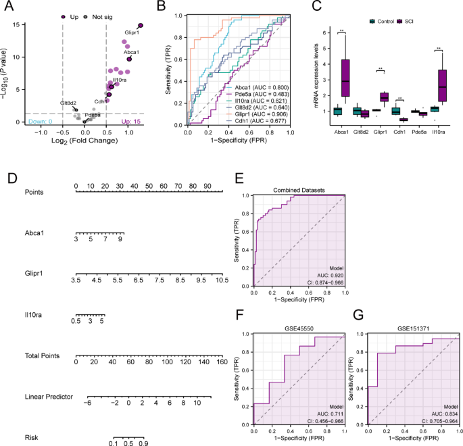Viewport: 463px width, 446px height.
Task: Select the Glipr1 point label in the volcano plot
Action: click(132, 32)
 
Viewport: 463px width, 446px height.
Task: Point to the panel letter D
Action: click(11, 179)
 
